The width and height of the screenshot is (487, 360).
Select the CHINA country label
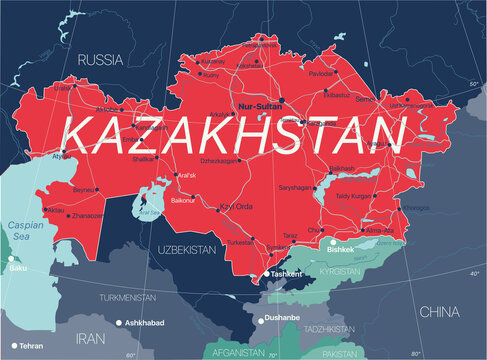click(x=440, y=312)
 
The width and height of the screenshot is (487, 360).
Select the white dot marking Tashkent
click(x=266, y=273)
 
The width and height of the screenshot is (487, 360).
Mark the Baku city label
click(x=16, y=269)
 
